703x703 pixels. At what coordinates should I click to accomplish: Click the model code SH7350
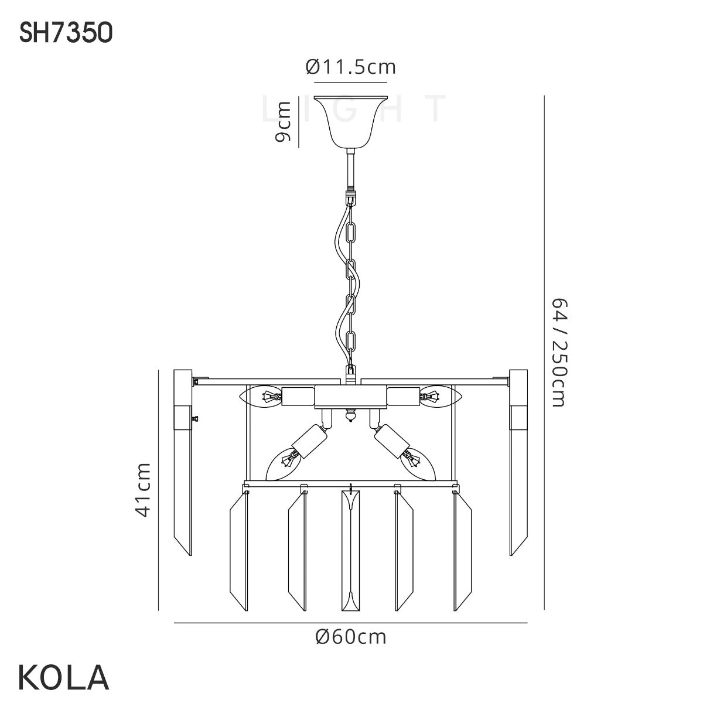(66, 33)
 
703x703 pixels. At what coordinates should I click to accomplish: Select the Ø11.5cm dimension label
(350, 67)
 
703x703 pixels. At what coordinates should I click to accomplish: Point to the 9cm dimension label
(283, 121)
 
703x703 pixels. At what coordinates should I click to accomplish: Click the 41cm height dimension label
(142, 490)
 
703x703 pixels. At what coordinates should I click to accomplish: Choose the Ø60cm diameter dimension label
(350, 637)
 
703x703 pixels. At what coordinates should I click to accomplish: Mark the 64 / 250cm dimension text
(559, 353)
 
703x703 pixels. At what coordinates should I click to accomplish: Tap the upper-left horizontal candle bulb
(261, 396)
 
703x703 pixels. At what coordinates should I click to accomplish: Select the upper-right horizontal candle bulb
(441, 395)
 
